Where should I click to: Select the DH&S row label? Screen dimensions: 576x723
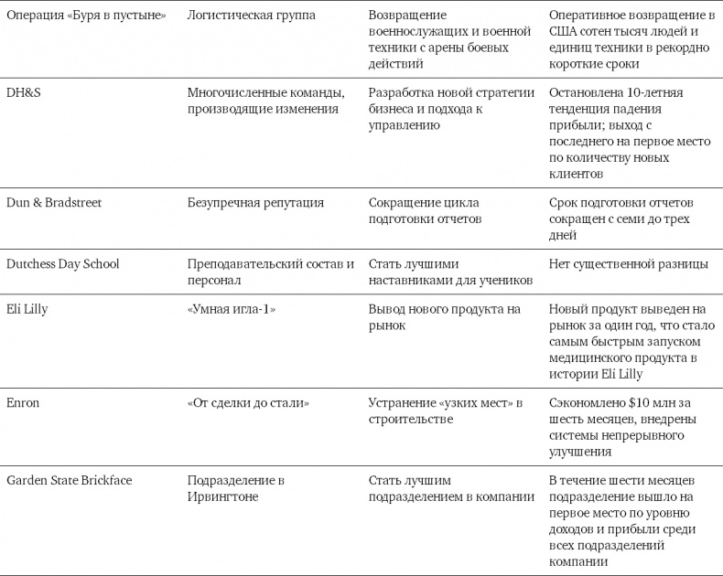[x=24, y=92]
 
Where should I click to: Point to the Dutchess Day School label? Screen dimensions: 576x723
[x=62, y=264]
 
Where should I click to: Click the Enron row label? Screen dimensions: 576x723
[x=24, y=402]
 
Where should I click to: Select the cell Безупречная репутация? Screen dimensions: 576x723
[x=255, y=203]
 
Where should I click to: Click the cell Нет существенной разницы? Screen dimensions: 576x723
[x=628, y=264]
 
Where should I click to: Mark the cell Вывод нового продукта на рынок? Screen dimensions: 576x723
[x=444, y=317]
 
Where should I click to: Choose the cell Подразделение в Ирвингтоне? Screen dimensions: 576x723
[x=236, y=488]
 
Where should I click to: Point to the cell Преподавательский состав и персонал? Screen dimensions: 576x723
[x=270, y=272]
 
